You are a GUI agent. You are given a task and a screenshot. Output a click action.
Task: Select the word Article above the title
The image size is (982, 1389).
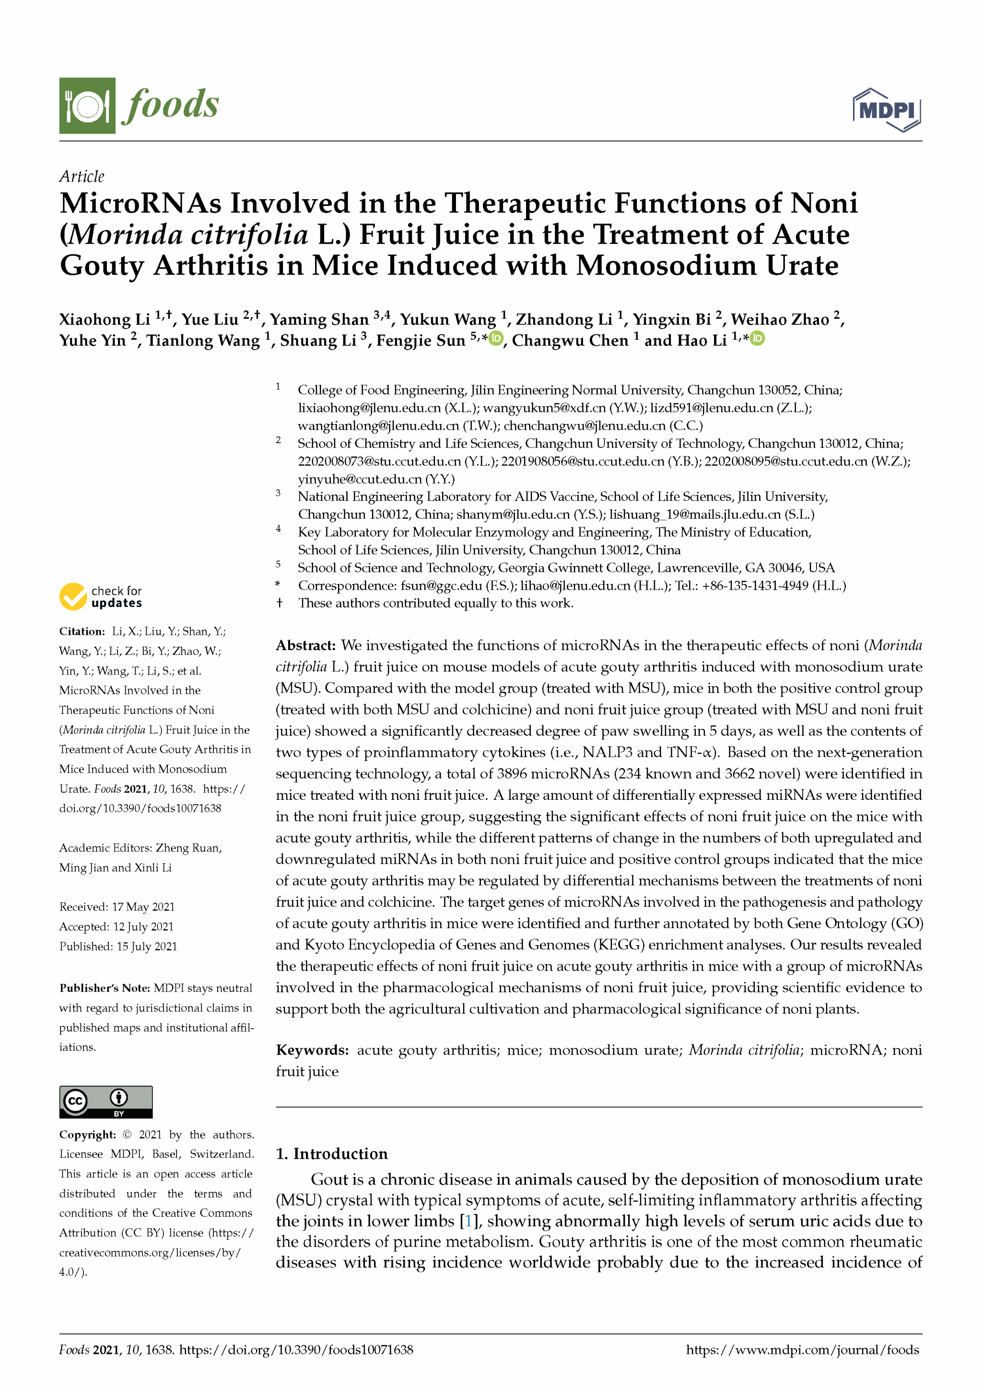click(82, 176)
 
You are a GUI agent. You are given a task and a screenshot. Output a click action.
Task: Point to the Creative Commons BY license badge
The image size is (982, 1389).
click(106, 1102)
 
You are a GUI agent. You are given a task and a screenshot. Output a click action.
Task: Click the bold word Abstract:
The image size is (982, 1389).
click(305, 645)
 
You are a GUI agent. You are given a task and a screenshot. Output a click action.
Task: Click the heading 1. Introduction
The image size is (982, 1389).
click(331, 1154)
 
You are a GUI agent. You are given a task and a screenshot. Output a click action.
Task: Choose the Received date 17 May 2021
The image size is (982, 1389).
click(143, 907)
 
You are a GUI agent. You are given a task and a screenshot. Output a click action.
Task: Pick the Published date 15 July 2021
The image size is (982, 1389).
click(147, 946)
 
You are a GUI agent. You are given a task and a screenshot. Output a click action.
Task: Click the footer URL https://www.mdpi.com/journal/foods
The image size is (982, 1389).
click(802, 1350)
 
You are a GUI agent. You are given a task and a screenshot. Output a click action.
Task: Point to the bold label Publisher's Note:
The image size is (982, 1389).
click(105, 988)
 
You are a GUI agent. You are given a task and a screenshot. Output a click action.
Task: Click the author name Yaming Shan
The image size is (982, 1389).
click(319, 320)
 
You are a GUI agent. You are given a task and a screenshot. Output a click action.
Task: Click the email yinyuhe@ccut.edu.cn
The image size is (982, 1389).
click(360, 479)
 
